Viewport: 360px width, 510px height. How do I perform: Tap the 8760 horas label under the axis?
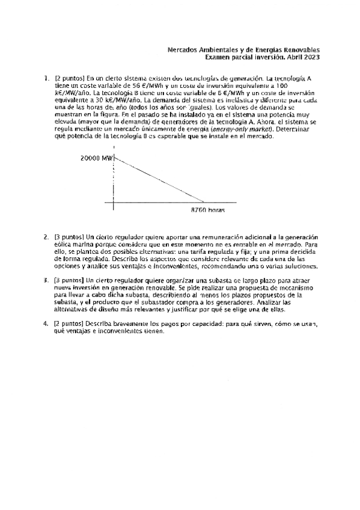(207, 210)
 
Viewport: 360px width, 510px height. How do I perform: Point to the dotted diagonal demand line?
(159, 179)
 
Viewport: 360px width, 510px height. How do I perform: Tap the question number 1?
(46, 79)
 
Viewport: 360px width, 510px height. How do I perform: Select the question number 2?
(46, 238)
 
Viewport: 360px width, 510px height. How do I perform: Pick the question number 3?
(46, 280)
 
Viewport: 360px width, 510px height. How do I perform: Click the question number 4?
(46, 323)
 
